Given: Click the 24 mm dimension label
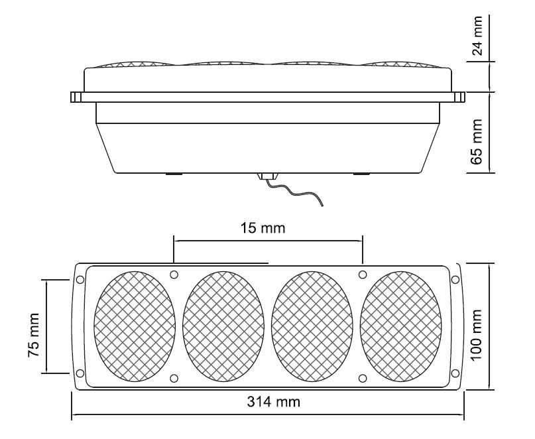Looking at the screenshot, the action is [478, 36].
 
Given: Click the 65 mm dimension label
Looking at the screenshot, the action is [477, 142].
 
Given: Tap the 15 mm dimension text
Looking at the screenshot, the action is [263, 227].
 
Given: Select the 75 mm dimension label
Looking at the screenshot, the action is [34, 335].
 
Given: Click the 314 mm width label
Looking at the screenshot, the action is [274, 402].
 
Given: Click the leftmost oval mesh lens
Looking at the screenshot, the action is [135, 326].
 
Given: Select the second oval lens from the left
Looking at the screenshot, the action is [223, 326].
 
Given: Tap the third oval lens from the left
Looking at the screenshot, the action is [312, 326].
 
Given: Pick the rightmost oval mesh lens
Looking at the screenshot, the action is [401, 326].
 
